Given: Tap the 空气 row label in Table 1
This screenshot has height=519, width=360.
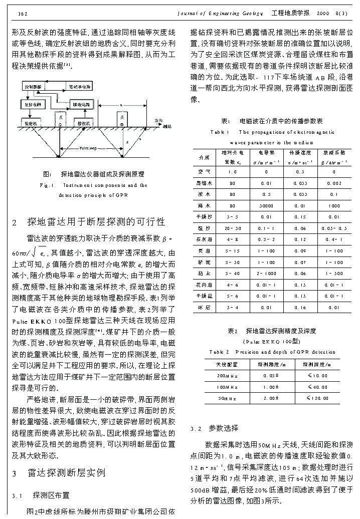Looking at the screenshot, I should [x=204, y=172].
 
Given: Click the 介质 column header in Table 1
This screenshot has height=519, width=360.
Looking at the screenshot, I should [x=204, y=157].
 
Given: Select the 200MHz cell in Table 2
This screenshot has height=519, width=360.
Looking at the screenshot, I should [x=224, y=375].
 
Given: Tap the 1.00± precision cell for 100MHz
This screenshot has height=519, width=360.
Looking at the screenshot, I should [x=271, y=387].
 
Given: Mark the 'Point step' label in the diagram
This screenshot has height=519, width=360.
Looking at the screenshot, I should [x=88, y=149].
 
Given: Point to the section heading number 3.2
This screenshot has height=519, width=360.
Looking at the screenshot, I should [x=196, y=428].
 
